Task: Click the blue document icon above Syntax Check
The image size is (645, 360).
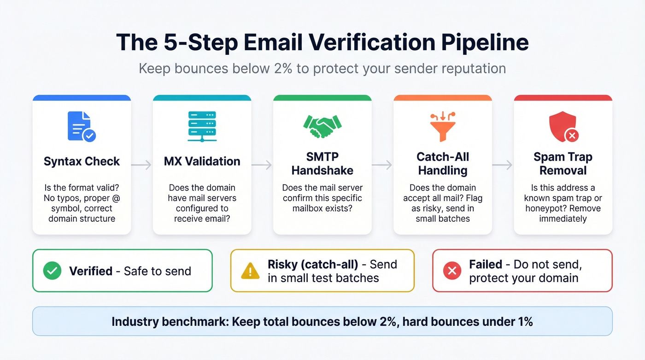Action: [x=81, y=126]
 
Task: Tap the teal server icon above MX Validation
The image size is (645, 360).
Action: [x=202, y=126]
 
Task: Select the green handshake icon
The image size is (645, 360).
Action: [x=322, y=126]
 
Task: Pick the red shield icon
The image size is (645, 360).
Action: [x=563, y=126]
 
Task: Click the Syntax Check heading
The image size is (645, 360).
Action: [x=82, y=161]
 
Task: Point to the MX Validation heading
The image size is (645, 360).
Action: [x=202, y=161]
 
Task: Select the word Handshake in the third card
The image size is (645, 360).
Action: [x=322, y=171]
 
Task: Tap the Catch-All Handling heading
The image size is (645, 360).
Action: [x=442, y=164]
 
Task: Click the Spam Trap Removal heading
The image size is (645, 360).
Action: [x=563, y=164]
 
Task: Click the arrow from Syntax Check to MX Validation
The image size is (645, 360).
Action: [x=141, y=165]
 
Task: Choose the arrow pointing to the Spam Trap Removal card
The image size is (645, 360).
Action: [x=502, y=165]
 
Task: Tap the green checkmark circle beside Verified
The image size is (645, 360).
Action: [x=52, y=271]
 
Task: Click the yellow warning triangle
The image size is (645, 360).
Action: [x=250, y=271]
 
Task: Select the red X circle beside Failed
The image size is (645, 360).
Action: [x=452, y=271]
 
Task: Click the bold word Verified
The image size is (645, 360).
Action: [x=91, y=271]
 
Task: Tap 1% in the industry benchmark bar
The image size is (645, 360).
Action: [x=523, y=321]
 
